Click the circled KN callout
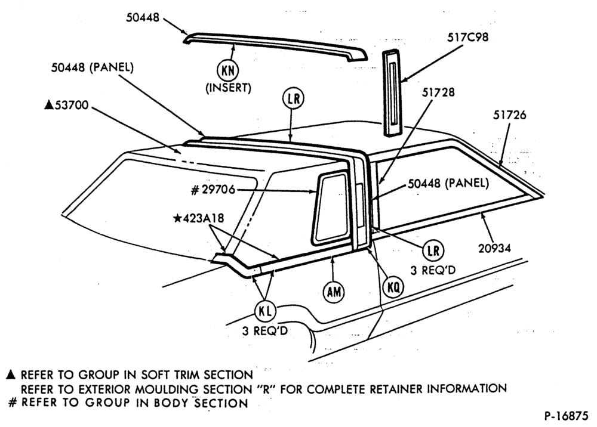click(227, 70)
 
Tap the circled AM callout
click(334, 292)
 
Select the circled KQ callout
click(393, 287)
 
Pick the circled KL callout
click(265, 311)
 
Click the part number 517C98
click(467, 37)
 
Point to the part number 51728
click(438, 92)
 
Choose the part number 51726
click(509, 115)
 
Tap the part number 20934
click(494, 248)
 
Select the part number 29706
click(218, 189)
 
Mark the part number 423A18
click(204, 218)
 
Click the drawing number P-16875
click(566, 416)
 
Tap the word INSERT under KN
click(229, 88)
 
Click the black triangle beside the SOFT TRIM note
click(11, 375)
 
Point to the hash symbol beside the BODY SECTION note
click(13, 403)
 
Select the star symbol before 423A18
click(177, 218)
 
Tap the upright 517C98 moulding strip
click(392, 92)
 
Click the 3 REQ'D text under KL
click(265, 331)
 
